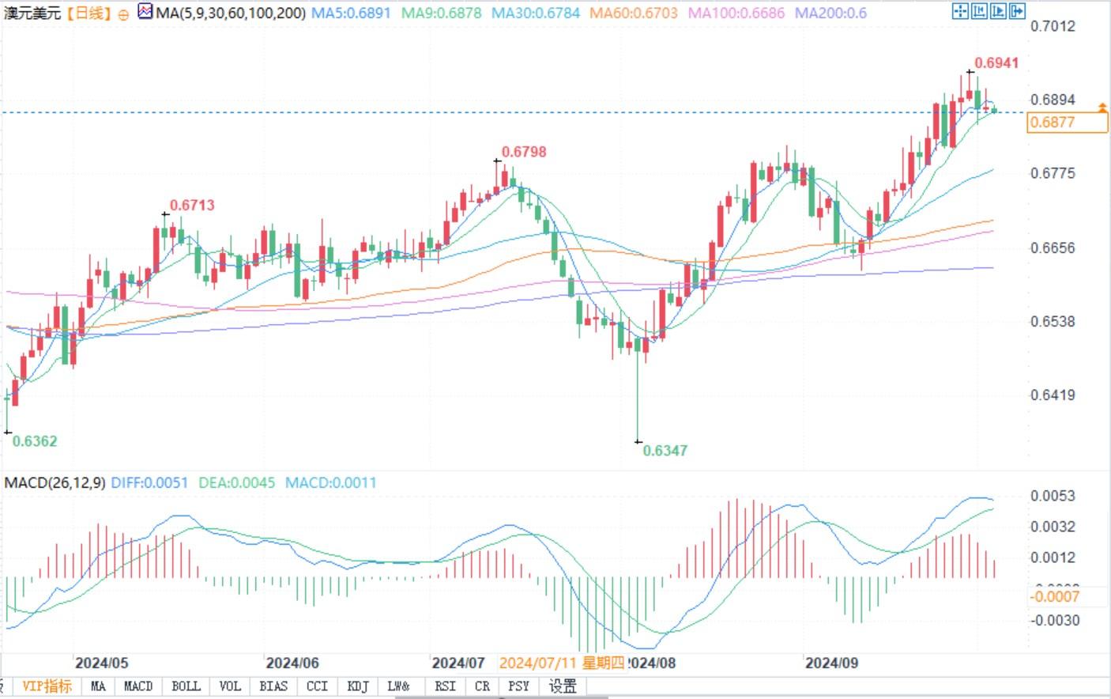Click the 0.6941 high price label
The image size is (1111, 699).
coord(996,63)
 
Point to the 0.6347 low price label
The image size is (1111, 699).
coord(665,451)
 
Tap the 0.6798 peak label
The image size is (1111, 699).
coord(524,152)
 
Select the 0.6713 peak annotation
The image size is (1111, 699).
coord(192,206)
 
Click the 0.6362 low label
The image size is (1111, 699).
coord(35,441)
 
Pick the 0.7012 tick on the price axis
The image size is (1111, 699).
coord(1053,27)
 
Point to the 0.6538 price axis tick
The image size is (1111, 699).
coord(1053,322)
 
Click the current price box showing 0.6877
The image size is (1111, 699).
coord(1067,123)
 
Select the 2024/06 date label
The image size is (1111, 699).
coord(292,663)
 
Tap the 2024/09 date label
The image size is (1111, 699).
coord(831,663)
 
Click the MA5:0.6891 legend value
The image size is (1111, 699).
coord(351,13)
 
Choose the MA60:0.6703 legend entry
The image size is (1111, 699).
coord(634,13)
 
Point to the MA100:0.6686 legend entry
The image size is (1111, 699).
coord(736,13)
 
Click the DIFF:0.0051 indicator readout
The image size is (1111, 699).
coord(149,482)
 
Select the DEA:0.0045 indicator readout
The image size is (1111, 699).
coord(236,482)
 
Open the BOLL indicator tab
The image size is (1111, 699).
coord(186,686)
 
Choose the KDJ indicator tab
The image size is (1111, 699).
coord(358,686)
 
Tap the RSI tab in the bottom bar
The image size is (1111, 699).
coord(445,686)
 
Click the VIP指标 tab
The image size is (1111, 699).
coord(47,686)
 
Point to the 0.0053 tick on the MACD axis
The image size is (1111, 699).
coord(1053,497)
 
